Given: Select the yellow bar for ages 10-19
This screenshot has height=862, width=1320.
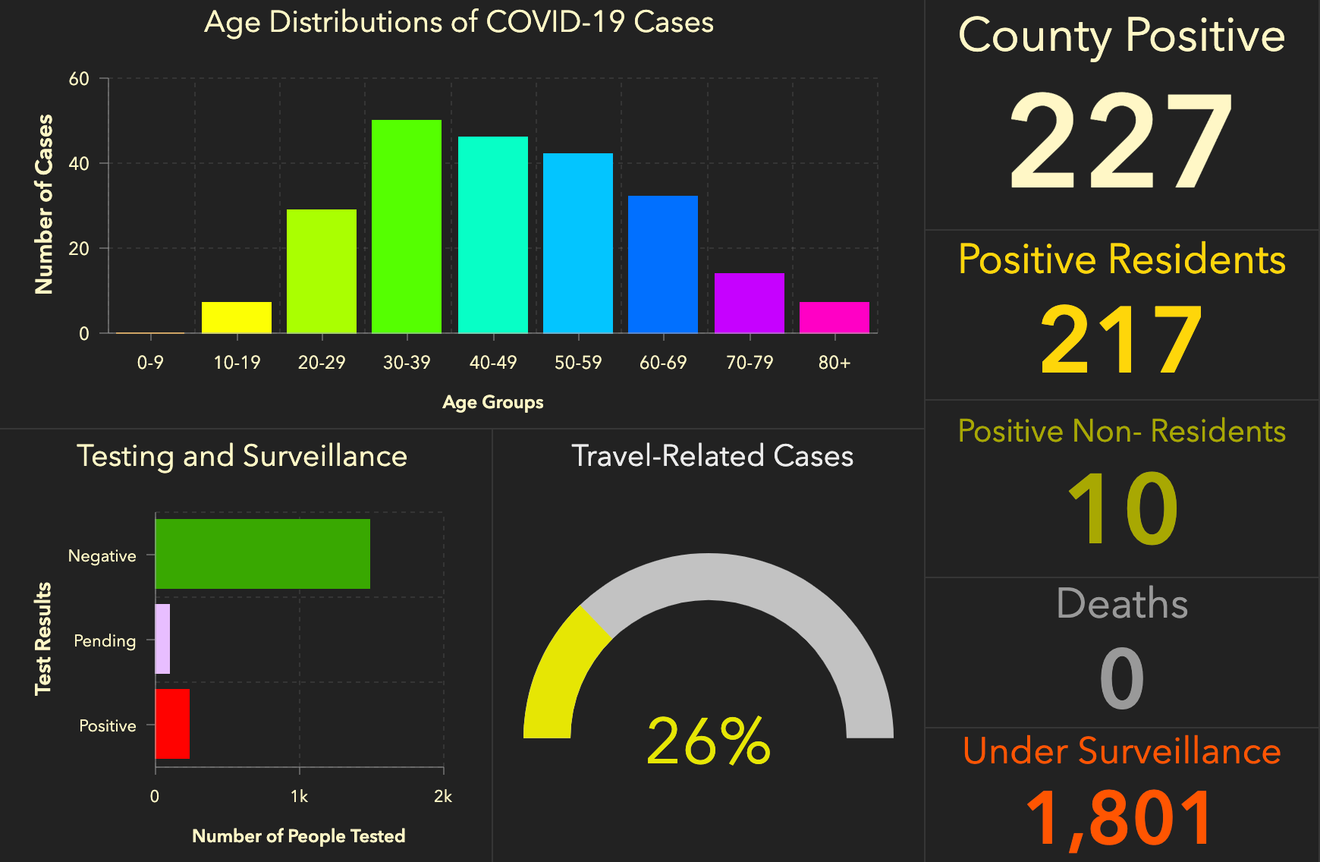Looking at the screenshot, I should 237,317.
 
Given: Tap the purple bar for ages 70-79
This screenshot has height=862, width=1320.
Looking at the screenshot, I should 750,303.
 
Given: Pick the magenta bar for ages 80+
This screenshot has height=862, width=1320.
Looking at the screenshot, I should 834,317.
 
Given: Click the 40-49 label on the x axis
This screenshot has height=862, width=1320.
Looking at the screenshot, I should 493,363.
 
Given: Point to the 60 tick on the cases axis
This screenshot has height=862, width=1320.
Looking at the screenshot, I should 79,79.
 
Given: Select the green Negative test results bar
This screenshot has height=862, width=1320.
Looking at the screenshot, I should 262,554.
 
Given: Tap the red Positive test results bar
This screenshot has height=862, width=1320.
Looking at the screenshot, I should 172,724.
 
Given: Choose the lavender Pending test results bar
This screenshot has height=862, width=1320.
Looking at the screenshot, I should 162,639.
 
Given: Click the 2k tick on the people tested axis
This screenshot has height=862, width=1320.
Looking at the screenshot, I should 443,797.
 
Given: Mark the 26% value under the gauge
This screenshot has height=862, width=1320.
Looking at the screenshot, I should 709,741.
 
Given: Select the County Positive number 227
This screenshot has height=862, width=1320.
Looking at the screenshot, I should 1121,141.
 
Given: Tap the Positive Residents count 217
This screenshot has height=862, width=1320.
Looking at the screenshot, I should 1121,339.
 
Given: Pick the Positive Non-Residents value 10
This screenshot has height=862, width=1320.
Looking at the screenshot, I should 1121,508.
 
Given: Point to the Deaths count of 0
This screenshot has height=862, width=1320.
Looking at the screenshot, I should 1121,678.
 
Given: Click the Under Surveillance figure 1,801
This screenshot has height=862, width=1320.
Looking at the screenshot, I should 1121,818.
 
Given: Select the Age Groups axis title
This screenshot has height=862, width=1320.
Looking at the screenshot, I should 493,402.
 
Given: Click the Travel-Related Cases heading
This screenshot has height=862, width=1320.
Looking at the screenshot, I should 712,456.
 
